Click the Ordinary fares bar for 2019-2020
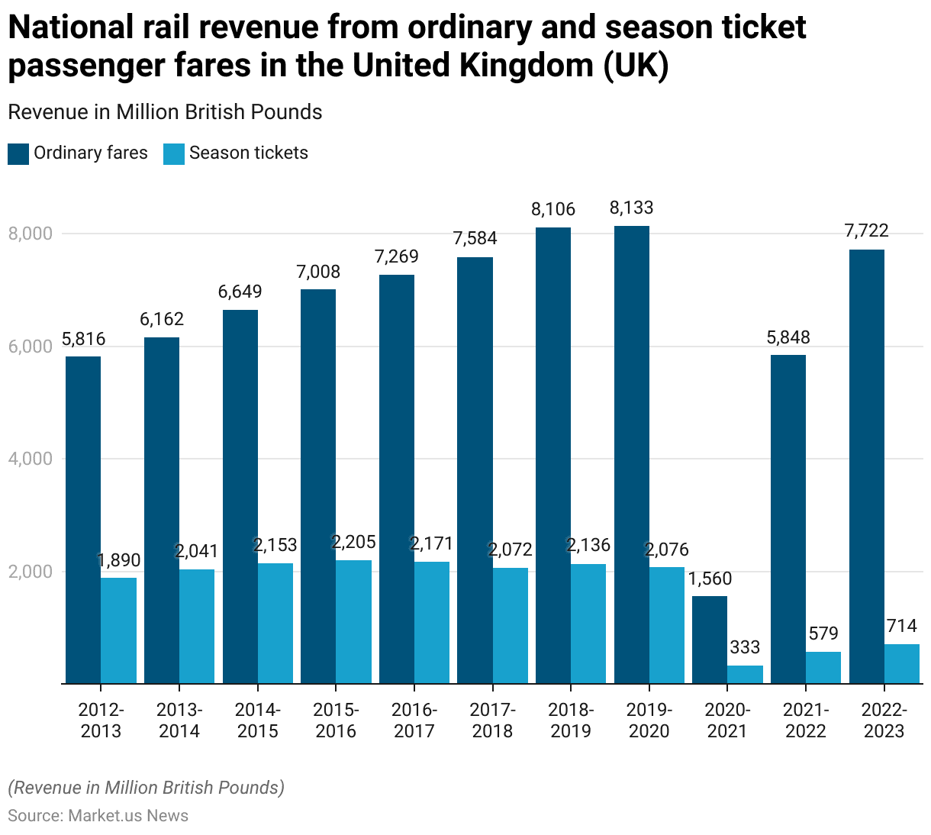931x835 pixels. click(631, 454)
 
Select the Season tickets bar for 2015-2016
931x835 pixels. click(354, 621)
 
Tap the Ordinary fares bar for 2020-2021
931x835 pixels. click(710, 640)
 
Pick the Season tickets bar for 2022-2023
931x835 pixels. click(902, 663)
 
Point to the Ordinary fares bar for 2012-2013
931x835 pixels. click(83, 519)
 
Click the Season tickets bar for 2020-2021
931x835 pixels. click(745, 674)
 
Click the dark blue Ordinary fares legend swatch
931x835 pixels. click(18, 153)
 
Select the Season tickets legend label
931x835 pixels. click(248, 153)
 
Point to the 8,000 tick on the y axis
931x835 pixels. click(31, 234)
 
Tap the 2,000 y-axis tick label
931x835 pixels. click(31, 572)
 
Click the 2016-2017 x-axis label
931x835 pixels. click(414, 721)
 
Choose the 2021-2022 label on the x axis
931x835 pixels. click(806, 721)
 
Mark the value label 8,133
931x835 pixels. click(631, 208)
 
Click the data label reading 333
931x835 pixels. click(745, 648)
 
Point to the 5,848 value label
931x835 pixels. click(788, 337)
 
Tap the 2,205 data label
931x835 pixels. click(353, 542)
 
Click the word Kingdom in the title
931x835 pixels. click(527, 66)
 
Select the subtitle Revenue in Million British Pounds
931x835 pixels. click(165, 112)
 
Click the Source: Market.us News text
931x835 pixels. click(98, 815)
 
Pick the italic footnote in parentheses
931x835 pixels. click(146, 788)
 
